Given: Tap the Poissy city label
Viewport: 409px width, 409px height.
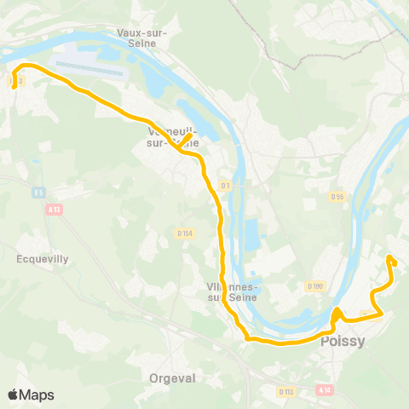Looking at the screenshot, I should point(343,342).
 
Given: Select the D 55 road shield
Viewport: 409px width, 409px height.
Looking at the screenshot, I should point(337,197).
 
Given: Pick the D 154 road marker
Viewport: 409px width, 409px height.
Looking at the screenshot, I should point(185,233).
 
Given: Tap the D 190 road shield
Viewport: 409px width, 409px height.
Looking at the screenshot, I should point(316,287).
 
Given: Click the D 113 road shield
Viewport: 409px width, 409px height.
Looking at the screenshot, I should point(285,391).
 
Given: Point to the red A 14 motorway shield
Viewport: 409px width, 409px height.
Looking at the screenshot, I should point(323,389).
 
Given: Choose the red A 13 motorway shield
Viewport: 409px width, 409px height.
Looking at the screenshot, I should point(55,209).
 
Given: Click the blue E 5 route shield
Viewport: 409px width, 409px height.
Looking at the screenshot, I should point(37,192).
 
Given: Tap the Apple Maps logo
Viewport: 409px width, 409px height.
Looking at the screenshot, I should point(31,395).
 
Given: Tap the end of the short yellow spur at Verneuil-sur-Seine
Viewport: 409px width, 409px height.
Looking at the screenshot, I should point(189,135).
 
